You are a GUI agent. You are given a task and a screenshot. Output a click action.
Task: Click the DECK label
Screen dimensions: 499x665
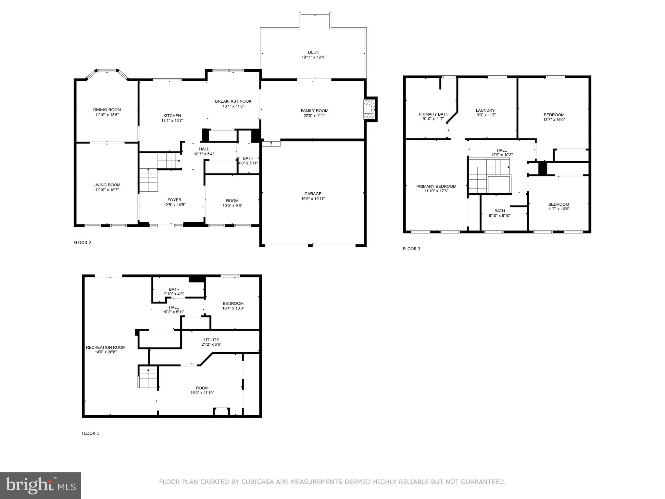(313, 52)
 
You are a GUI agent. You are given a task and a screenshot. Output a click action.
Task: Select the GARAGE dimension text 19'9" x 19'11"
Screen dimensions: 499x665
(313, 199)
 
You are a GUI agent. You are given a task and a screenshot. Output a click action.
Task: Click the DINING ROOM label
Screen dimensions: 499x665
(107, 110)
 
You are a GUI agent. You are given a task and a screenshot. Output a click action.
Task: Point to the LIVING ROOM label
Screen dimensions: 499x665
(107, 185)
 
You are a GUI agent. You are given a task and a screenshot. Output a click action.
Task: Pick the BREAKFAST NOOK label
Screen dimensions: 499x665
(233, 101)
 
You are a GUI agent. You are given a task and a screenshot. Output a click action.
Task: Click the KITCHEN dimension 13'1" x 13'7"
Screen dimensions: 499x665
(172, 121)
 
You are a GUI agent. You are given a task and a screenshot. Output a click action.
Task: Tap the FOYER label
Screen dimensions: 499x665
(174, 200)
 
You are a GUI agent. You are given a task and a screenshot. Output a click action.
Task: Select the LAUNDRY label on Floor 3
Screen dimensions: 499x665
(485, 110)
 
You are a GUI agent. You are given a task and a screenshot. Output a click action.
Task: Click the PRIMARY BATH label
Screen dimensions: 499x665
(433, 114)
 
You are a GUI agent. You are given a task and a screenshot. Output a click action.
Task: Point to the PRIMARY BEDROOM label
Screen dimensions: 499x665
(436, 186)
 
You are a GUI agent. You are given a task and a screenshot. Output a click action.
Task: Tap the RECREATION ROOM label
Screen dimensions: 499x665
(106, 347)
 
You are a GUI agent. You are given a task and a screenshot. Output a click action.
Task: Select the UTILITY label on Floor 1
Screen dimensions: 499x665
(211, 340)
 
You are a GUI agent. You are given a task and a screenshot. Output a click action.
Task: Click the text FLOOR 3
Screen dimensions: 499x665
(411, 249)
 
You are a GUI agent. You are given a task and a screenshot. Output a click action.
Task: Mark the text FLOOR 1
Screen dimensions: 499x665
(90, 433)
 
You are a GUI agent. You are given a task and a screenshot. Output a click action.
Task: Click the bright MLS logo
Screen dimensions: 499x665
(41, 485)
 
